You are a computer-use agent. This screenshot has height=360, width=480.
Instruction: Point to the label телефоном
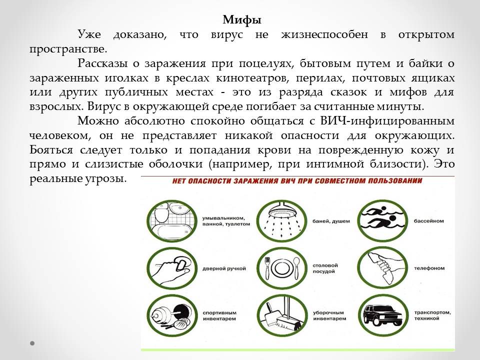[429, 268]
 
